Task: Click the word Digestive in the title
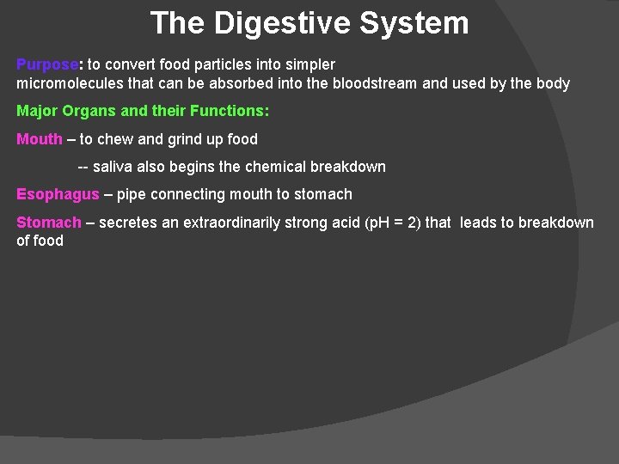point(281,23)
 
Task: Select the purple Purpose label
point(47,64)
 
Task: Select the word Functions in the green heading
point(231,111)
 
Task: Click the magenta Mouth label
point(40,139)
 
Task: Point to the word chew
point(114,139)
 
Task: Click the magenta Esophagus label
point(58,194)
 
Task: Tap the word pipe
point(131,194)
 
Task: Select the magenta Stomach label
point(49,223)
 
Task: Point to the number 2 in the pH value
point(413,223)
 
